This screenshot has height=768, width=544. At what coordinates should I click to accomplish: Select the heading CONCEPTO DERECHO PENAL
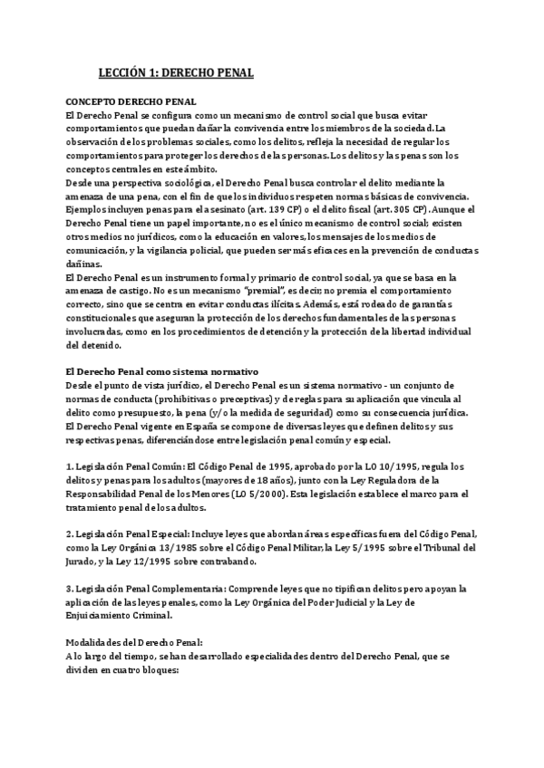click(x=131, y=103)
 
